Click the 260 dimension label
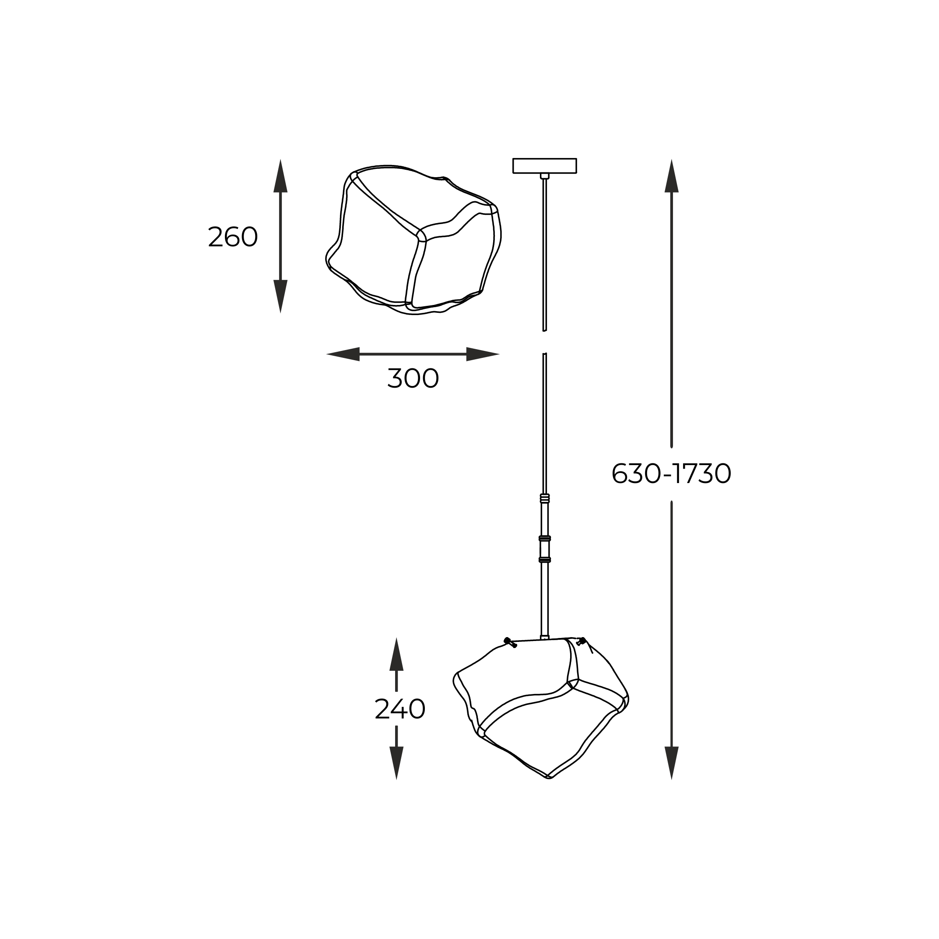pos(232,237)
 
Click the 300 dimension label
pos(413,378)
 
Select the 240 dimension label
pos(400,709)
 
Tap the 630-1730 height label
pos(671,473)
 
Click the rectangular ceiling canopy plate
pos(544,166)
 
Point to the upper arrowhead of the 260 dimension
pos(280,175)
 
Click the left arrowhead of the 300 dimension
pos(343,354)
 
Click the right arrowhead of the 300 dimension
pos(483,354)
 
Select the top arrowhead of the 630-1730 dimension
pos(671,175)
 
